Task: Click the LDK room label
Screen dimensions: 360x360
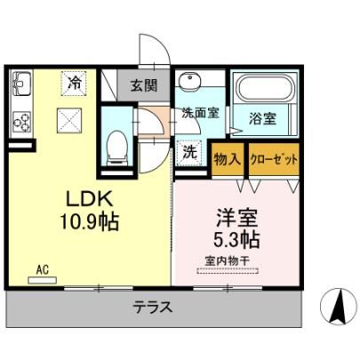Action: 89,199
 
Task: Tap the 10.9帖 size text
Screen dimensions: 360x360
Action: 90,222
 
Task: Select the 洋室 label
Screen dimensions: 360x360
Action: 236,218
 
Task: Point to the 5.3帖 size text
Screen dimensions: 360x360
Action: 236,240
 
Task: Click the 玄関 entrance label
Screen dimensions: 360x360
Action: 144,85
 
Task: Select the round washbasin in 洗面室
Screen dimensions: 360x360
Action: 189,79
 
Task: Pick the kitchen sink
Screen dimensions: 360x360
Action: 21,83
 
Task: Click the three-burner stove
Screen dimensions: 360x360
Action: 21,122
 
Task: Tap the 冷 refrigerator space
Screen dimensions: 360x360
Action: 74,84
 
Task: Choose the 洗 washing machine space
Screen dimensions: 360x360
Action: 189,153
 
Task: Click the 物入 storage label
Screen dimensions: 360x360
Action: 228,159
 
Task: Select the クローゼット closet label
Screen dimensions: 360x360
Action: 274,160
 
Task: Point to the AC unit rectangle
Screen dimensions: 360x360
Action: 42,280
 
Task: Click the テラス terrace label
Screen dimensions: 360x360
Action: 153,308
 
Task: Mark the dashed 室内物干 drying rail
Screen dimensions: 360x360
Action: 228,271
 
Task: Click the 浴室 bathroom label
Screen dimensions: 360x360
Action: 262,118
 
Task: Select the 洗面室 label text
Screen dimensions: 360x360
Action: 200,113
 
